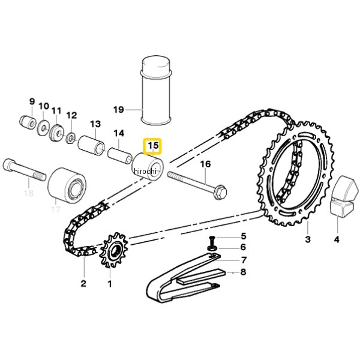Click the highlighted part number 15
coord(153,146)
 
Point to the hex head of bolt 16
coord(220,192)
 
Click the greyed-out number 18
coord(29,193)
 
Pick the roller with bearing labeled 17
coord(67,185)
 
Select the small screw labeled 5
coord(211,241)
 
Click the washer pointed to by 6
coord(212,248)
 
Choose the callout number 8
coord(243,272)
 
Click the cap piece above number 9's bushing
coord(27,122)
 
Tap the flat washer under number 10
coord(43,128)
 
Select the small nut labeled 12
coord(71,138)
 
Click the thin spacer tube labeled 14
coord(120,156)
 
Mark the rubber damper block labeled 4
coord(344,196)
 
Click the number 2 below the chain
coord(83,283)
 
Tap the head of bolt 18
coord(9,164)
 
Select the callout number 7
coord(244,260)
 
